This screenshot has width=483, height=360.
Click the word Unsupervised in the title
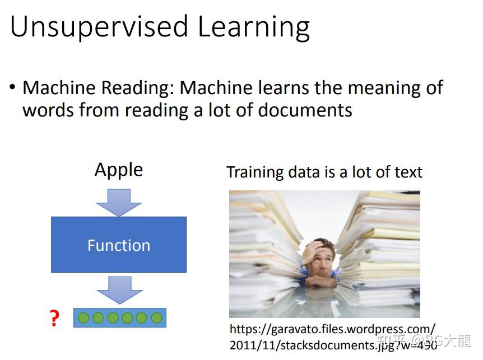[99, 27]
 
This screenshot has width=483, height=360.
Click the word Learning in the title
[253, 27]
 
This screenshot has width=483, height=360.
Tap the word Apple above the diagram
[119, 170]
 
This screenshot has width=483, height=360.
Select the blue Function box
[119, 245]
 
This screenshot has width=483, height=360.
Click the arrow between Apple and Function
[119, 203]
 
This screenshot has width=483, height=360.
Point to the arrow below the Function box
[120, 290]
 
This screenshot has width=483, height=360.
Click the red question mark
[54, 318]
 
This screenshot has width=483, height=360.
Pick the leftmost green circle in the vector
[83, 318]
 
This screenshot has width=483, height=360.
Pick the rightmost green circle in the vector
[157, 318]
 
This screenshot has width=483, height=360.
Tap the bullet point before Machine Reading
[12, 87]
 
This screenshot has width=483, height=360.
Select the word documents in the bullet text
[305, 110]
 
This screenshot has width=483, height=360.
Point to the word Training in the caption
[255, 172]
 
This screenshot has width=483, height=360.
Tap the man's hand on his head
[311, 251]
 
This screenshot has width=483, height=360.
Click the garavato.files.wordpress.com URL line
[333, 330]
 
